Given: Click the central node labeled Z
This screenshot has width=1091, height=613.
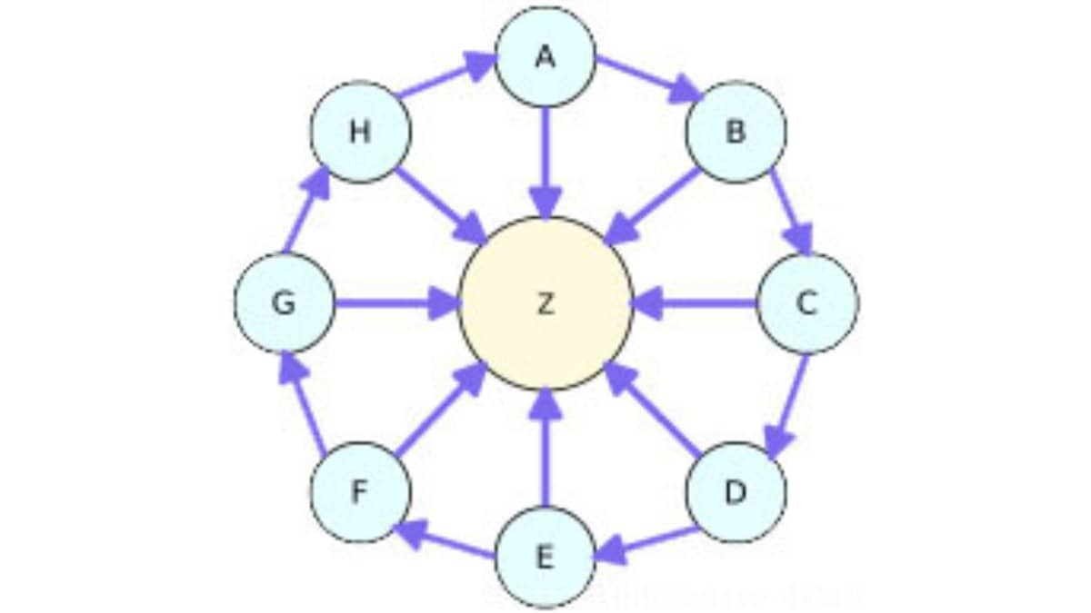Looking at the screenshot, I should [545, 303].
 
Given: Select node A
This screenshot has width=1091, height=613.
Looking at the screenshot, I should [545, 56].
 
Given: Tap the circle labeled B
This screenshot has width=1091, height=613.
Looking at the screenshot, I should [736, 132].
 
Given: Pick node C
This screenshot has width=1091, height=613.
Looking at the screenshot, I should [806, 303].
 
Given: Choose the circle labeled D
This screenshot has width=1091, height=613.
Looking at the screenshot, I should [736, 493].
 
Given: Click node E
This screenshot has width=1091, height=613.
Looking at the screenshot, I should [545, 557].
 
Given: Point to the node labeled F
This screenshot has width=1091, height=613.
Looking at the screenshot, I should [360, 493].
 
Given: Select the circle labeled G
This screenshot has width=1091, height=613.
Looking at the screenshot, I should [285, 303].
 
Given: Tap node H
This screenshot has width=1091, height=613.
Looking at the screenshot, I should [360, 132].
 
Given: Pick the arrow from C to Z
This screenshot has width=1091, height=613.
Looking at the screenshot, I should [695, 303].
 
